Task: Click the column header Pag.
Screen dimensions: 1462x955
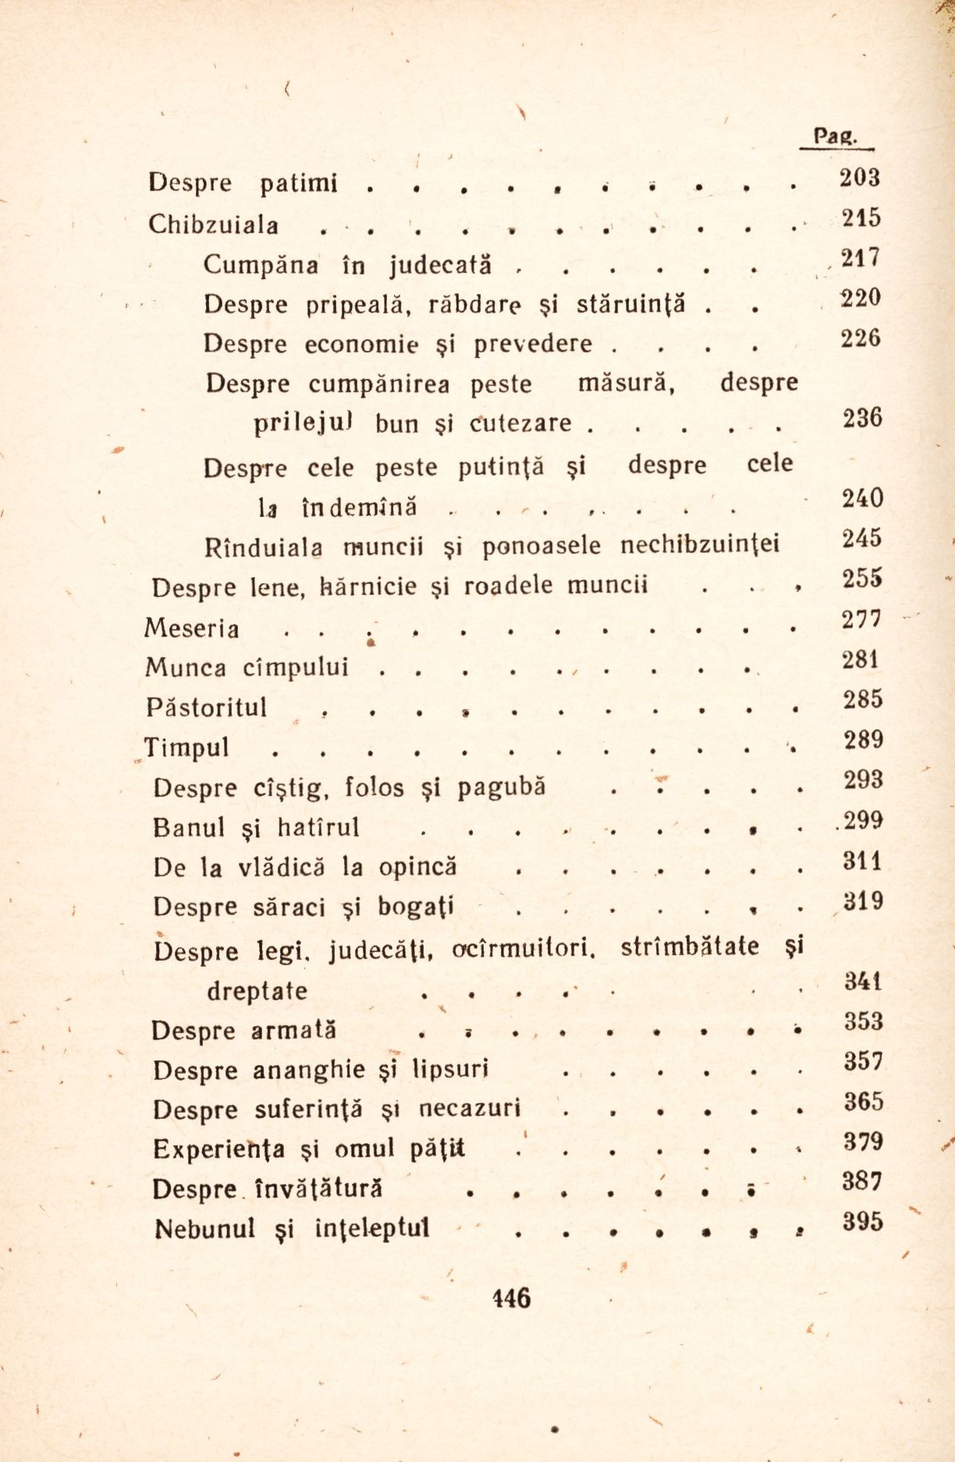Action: click(835, 136)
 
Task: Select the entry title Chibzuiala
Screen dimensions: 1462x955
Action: click(213, 225)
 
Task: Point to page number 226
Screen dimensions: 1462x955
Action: click(860, 338)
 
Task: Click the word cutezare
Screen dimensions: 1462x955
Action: click(521, 423)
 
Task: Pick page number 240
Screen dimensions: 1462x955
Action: click(862, 497)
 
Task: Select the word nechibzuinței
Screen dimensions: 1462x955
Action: click(699, 545)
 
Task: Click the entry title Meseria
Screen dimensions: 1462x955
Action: click(192, 628)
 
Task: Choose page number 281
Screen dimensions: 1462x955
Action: click(861, 660)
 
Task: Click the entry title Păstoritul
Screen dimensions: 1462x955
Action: click(206, 708)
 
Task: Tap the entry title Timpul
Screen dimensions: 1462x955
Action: click(187, 749)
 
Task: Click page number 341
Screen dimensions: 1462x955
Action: click(863, 981)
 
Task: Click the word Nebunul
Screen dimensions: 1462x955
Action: click(205, 1229)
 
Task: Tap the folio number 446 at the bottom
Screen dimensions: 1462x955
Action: click(511, 1297)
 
